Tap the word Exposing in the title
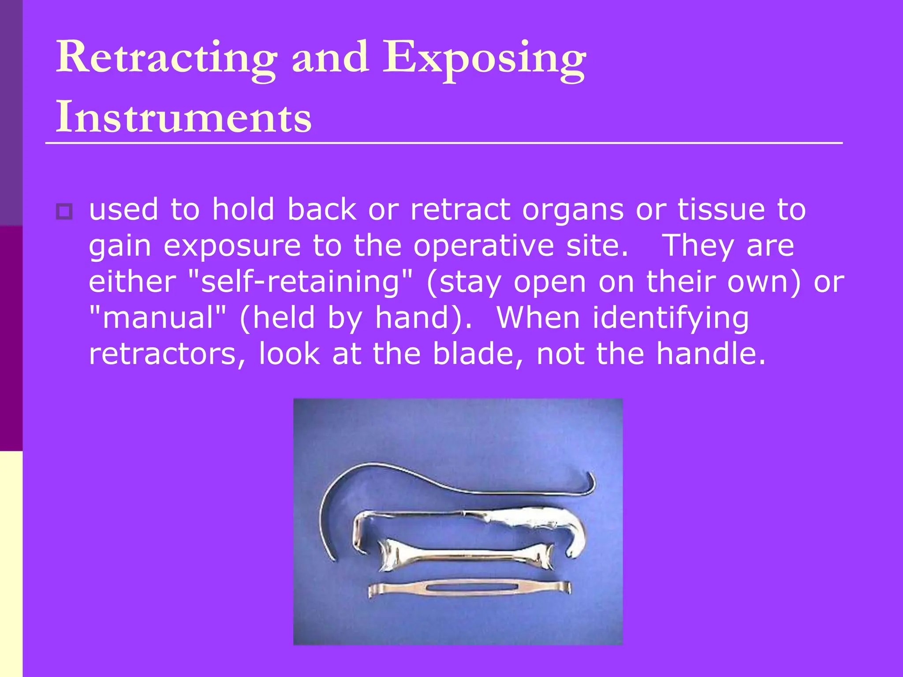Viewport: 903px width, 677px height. [x=484, y=58]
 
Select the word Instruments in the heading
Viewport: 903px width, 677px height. [x=183, y=117]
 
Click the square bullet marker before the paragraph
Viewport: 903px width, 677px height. [x=64, y=212]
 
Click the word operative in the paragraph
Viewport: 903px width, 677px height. [x=483, y=246]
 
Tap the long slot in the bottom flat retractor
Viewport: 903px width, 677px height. [x=470, y=588]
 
